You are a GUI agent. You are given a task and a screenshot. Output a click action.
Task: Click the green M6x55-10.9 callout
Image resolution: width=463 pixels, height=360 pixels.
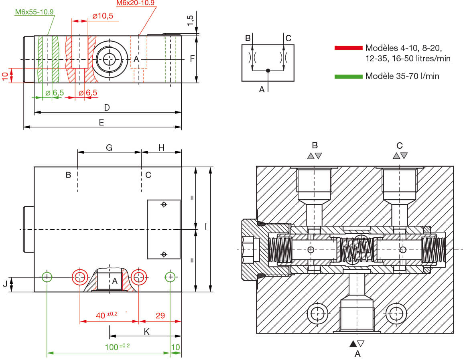tap(34, 12)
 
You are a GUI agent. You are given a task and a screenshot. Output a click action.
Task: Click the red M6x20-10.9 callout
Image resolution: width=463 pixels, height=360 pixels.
tap(135, 3)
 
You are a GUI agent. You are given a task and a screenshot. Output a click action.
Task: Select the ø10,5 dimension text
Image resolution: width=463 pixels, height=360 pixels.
tap(103, 16)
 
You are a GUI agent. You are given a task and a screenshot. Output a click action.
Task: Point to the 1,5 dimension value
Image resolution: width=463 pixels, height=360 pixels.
tap(191, 20)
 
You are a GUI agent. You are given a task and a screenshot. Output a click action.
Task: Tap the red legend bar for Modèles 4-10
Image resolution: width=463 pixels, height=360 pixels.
tap(348, 48)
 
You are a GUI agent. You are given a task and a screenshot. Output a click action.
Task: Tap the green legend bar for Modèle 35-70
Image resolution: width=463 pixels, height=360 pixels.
tap(348, 76)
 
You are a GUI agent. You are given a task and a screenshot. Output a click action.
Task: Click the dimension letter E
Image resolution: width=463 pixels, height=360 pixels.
tap(102, 123)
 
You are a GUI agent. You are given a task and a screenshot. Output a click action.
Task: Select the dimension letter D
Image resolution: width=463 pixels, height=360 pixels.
tap(107, 107)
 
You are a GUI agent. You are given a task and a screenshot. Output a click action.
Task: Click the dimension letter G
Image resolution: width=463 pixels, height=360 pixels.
tap(109, 148)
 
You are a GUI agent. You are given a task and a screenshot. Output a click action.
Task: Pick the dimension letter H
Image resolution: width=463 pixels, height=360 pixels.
tap(161, 148)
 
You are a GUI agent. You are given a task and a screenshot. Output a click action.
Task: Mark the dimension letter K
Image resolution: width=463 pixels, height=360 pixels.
tap(146, 331)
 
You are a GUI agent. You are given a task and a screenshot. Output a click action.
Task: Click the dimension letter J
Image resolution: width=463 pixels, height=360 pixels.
tap(5, 284)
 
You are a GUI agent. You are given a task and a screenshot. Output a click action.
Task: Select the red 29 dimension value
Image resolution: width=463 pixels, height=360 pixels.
tap(160, 316)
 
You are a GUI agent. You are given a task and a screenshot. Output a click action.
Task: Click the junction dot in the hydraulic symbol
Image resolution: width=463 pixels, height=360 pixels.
tap(268, 71)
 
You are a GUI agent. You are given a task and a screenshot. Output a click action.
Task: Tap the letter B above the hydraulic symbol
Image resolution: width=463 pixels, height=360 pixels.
tap(248, 38)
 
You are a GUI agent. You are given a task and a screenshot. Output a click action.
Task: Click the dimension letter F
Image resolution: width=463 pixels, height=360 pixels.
tap(192, 59)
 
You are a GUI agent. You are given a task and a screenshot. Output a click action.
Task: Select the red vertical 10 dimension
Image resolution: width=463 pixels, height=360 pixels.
tap(5, 76)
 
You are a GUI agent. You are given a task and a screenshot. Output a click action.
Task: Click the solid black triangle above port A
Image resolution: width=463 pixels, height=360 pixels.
tap(353, 344)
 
